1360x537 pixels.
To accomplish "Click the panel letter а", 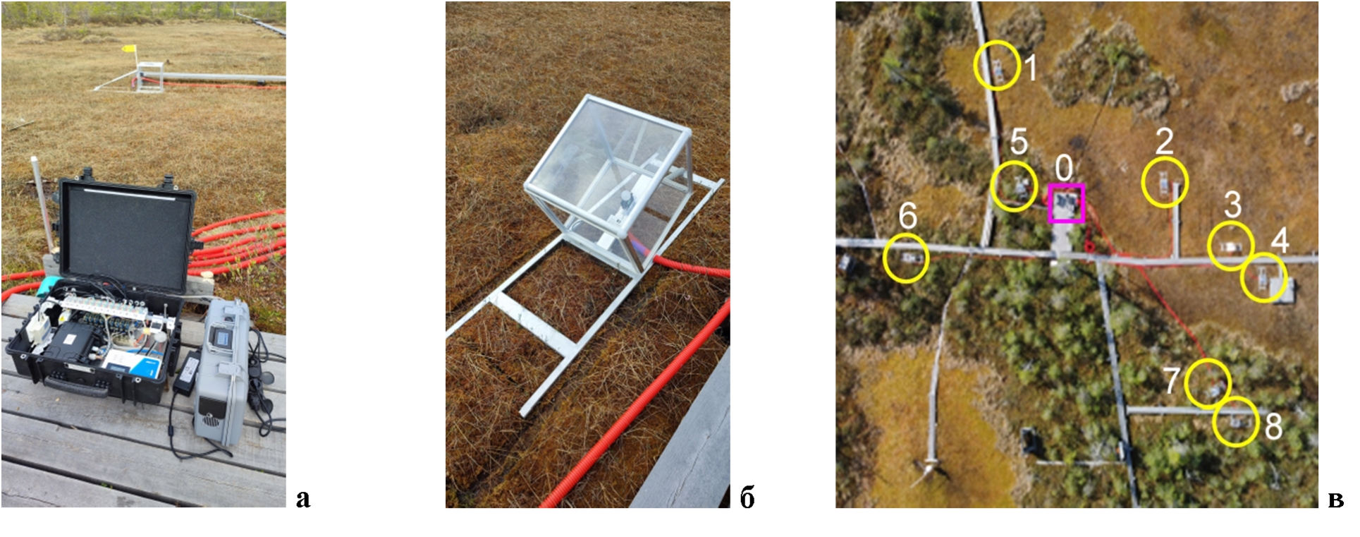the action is tap(303, 499).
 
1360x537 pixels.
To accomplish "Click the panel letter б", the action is tap(747, 498).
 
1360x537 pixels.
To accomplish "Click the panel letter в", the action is tap(1335, 500).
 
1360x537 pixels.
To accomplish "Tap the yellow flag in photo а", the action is tap(130, 49).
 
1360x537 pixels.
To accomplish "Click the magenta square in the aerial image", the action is tap(1066, 203).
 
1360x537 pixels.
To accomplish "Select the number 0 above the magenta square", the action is tap(1064, 168).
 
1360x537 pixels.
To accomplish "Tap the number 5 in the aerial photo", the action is tap(1019, 142).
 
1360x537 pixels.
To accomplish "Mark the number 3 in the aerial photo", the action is tap(1232, 205).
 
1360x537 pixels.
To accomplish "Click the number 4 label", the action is tap(1280, 241).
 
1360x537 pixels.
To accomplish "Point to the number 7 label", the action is tap(1172, 380).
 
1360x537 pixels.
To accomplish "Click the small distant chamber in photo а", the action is tap(150, 77).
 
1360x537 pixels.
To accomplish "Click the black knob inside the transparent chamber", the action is tap(625, 200).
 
